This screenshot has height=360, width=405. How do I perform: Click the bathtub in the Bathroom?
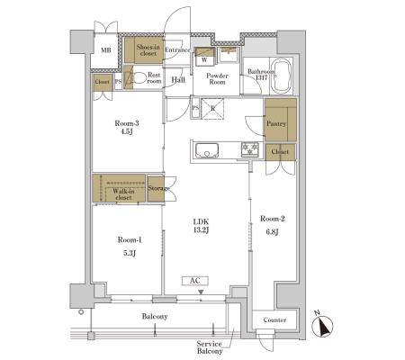(x=281, y=76)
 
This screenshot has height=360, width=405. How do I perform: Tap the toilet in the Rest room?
(x=139, y=78)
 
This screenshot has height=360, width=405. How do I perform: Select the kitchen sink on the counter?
(x=207, y=150)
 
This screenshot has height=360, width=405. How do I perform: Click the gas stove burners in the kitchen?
(x=250, y=149)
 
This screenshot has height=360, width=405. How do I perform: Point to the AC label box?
(x=195, y=281)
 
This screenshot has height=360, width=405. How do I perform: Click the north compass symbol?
(x=322, y=326)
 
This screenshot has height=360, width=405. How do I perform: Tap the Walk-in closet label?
(x=123, y=194)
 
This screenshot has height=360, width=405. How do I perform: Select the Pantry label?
(x=276, y=123)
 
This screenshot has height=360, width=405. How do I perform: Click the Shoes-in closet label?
(x=148, y=50)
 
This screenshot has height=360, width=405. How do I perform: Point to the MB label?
(x=105, y=50)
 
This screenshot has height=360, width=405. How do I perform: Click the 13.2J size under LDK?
(x=201, y=230)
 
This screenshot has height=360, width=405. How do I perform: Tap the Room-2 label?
(x=272, y=219)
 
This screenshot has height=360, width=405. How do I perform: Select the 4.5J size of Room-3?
(x=127, y=131)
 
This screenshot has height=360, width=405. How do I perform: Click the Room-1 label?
(x=130, y=239)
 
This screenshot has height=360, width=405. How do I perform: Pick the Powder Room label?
(x=217, y=78)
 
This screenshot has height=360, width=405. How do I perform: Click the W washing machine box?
(x=205, y=57)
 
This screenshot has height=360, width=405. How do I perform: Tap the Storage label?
(x=159, y=188)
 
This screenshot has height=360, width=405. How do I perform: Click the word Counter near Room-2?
(x=274, y=319)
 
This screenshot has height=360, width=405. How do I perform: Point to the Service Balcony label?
(x=210, y=347)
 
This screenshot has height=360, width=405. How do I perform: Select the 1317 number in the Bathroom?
(x=261, y=78)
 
